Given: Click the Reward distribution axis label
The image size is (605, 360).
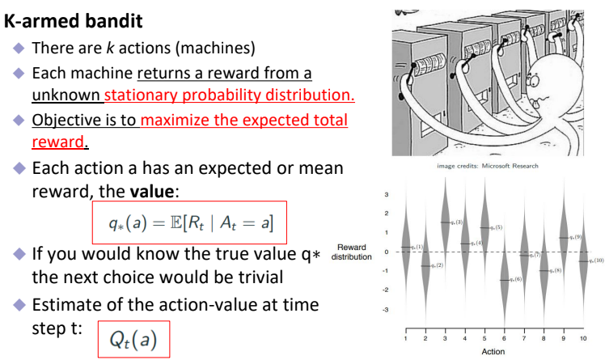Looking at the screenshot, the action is [354, 252].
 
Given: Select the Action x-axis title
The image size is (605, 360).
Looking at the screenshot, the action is [494, 352].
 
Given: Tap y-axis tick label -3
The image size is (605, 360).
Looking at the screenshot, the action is [385, 309].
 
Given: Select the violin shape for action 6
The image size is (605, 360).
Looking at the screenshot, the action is [505, 279].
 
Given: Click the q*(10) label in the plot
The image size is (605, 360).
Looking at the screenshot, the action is [595, 261].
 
